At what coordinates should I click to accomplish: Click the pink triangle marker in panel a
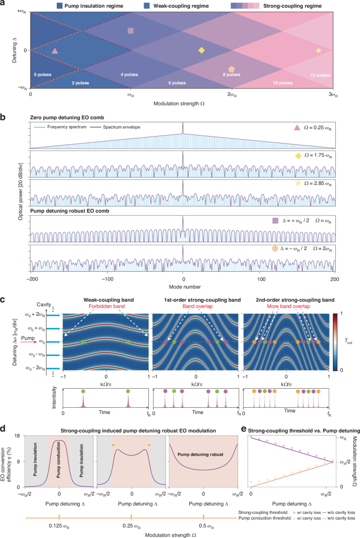pyautogui.click(x=55, y=51)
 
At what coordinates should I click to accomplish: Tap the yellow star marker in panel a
pyautogui.click(x=318, y=50)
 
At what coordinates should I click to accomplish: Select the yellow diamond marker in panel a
pyautogui.click(x=201, y=50)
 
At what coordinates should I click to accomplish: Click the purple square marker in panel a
pyautogui.click(x=131, y=31)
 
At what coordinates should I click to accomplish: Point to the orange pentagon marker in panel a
pyautogui.click(x=231, y=69)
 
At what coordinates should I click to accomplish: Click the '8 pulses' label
pyautogui.click(x=231, y=74)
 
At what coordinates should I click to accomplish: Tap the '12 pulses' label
pyautogui.click(x=319, y=74)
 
